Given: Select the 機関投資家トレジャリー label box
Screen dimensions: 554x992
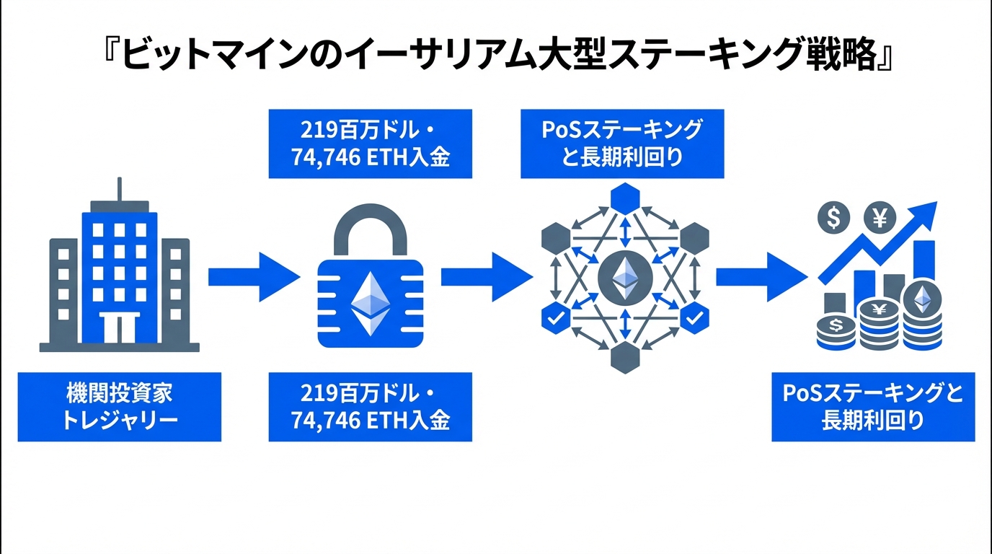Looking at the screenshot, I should [x=119, y=406].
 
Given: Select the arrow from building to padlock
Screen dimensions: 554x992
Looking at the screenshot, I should [x=252, y=276].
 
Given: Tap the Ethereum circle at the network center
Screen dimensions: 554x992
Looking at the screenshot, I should [x=625, y=278].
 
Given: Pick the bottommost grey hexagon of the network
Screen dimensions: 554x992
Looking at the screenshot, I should [x=624, y=358].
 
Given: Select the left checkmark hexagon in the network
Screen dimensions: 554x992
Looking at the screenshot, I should [x=554, y=317].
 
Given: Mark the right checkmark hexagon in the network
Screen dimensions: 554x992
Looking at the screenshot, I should [x=694, y=317].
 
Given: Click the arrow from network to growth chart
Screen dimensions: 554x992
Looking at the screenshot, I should [x=760, y=276].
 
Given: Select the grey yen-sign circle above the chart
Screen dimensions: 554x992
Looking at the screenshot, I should [x=879, y=216].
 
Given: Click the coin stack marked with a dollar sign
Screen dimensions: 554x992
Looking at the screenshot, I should [x=836, y=333].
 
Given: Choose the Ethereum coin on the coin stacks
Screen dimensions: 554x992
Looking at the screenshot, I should [x=923, y=300].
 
